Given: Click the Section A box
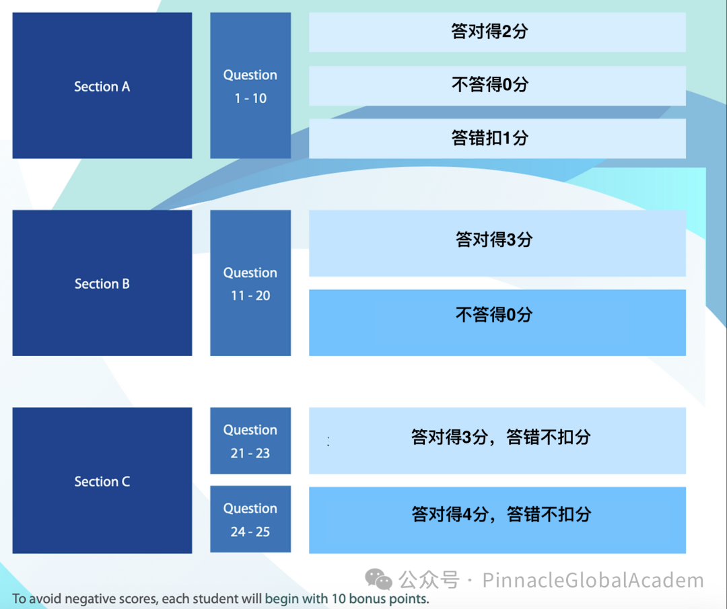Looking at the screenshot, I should coord(102,85).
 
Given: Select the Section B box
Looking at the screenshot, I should coord(102,283).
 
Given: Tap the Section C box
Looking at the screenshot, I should coord(102,480).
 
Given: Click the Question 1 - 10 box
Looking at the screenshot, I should coord(250,85).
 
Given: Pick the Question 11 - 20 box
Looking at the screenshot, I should coord(250,283).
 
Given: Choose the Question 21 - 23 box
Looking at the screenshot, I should coord(250,441).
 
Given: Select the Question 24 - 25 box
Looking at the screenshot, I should coord(250,519).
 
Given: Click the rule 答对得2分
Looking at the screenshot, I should coord(497,32).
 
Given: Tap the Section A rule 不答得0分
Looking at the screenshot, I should coord(497,85).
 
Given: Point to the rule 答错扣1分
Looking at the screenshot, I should coord(497,139).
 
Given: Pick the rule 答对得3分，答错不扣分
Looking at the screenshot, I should coord(501,437).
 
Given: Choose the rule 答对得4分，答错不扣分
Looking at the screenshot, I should coord(501,515).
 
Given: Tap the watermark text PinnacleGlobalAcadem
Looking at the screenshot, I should coord(593,581).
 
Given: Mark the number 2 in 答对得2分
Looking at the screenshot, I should coord(507,32).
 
